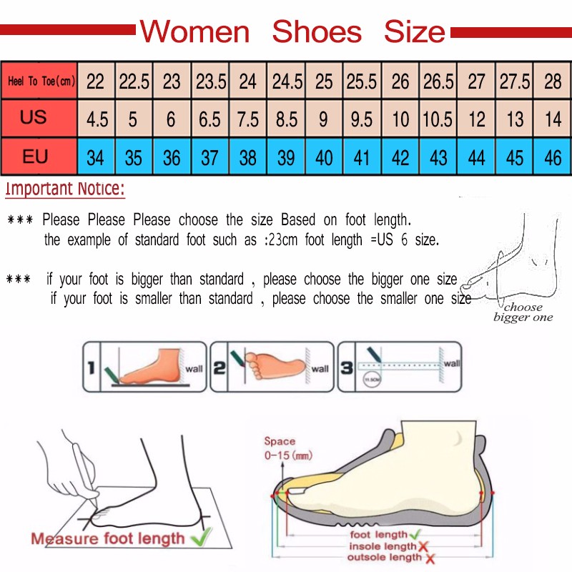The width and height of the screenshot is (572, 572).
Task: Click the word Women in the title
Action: [x=194, y=32]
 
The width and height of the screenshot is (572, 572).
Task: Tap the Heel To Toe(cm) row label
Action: [x=40, y=82]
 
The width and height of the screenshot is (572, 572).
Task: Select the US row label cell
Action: [x=34, y=117]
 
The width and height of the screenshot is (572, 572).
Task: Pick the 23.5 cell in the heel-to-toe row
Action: [x=211, y=82]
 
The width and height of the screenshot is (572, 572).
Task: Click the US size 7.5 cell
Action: [x=247, y=119]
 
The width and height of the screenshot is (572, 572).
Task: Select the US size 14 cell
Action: [x=553, y=119]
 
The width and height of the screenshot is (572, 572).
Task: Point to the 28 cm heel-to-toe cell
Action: [x=553, y=82]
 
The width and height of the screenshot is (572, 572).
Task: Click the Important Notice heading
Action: [x=65, y=189]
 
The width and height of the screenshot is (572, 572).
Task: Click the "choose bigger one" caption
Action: [x=523, y=312]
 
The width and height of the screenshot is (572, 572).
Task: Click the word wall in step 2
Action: [x=320, y=369]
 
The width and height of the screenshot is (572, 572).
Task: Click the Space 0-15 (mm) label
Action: [x=287, y=448]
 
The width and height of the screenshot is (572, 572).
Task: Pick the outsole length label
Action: [x=385, y=557]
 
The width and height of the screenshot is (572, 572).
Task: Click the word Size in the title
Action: [x=414, y=32]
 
